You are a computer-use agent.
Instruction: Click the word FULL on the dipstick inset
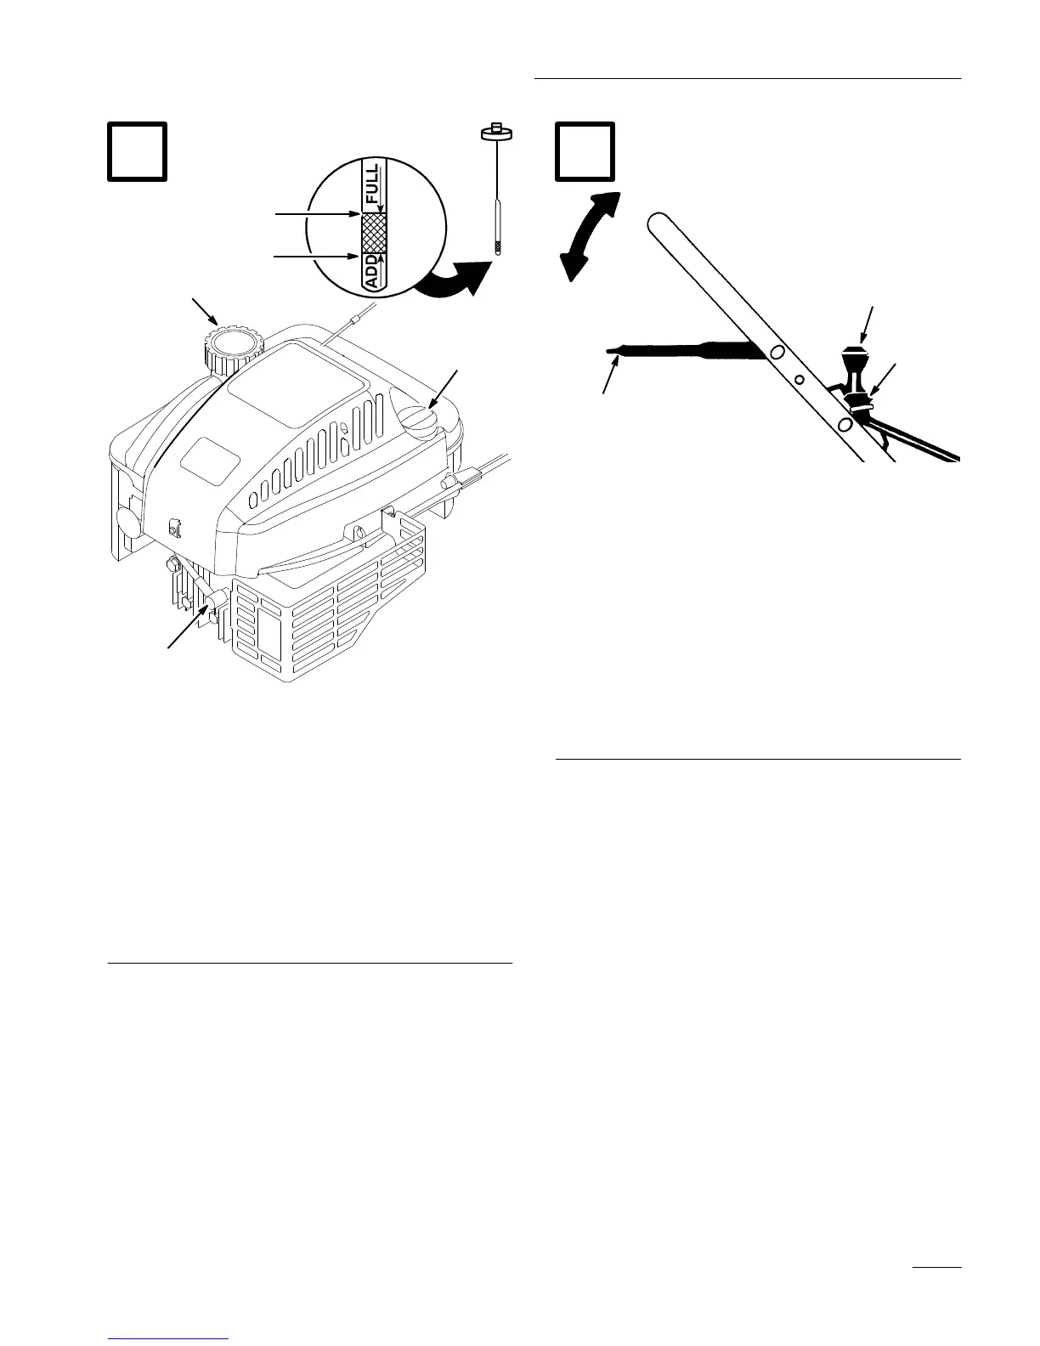pyautogui.click(x=373, y=184)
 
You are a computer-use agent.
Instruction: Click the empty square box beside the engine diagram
pyautogui.click(x=137, y=152)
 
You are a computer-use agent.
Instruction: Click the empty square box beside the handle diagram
pyautogui.click(x=585, y=152)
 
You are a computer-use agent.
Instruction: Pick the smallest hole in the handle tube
pyautogui.click(x=799, y=379)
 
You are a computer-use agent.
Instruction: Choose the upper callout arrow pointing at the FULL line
pyautogui.click(x=315, y=215)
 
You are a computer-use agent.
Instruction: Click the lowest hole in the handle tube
pyautogui.click(x=845, y=423)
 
